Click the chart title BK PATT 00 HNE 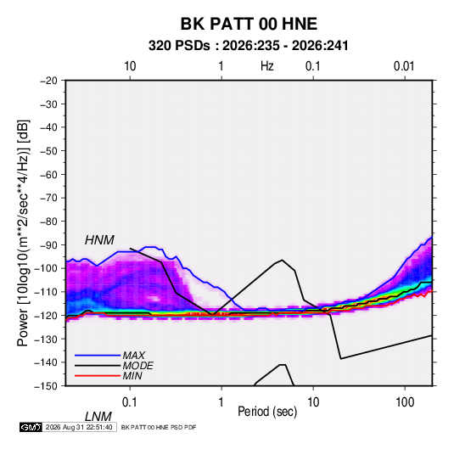tap(249, 24)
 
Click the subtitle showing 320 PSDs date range tap(248, 46)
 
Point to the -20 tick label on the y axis tap(48, 81)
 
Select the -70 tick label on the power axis tap(48, 198)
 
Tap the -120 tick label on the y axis tap(46, 316)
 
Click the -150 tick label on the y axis tap(46, 386)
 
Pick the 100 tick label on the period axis tap(405, 402)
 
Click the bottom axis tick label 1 tap(221, 402)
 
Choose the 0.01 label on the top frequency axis tap(404, 66)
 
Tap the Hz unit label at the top tap(267, 66)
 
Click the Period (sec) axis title tap(267, 412)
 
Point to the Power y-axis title tap(23, 233)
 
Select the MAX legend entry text tap(134, 356)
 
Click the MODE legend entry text tap(137, 366)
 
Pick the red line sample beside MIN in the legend tap(98, 376)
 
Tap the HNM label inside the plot tap(99, 240)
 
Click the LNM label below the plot tap(98, 417)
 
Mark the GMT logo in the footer tap(31, 427)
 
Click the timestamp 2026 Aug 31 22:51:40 tap(79, 427)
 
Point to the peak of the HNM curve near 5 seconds tap(282, 260)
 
